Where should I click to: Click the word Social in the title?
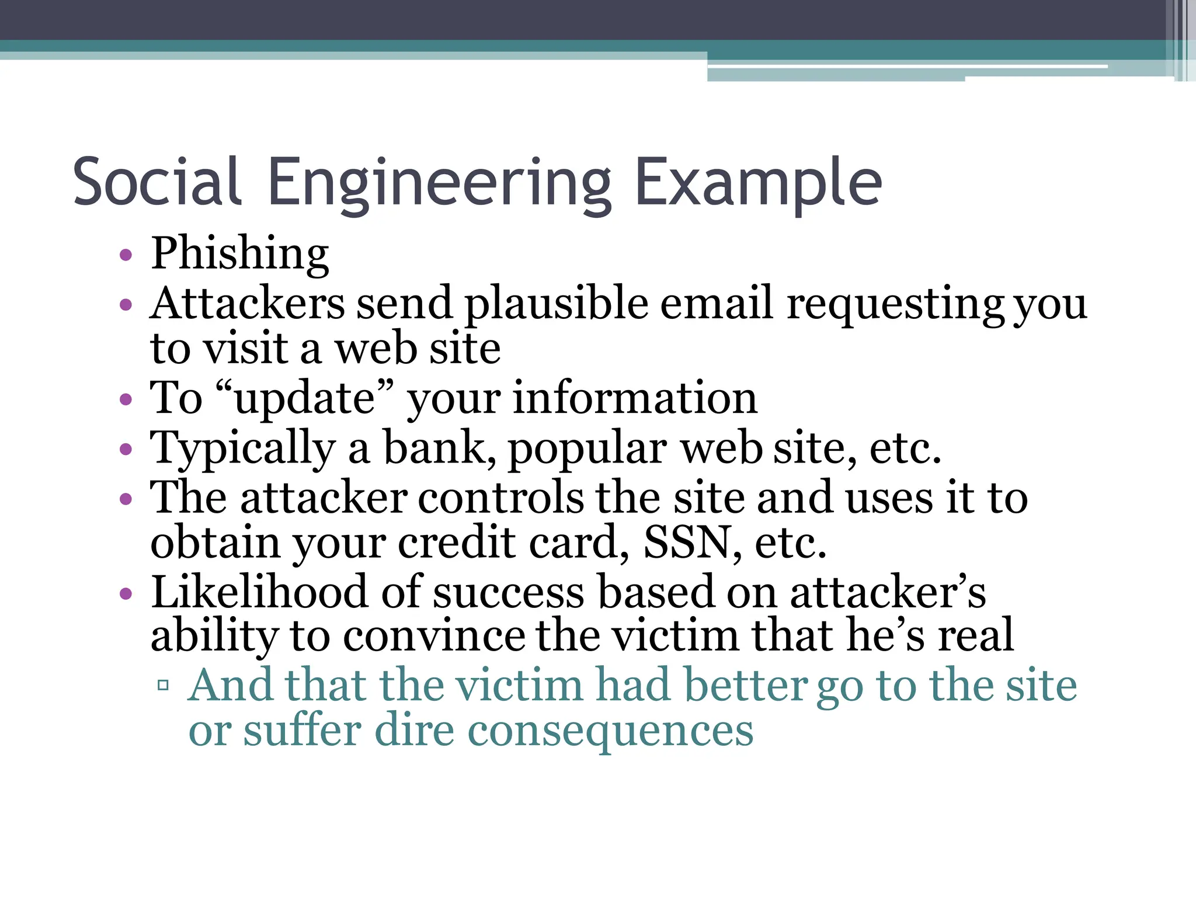(x=157, y=182)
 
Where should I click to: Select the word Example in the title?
(x=758, y=183)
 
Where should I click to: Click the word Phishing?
(x=240, y=254)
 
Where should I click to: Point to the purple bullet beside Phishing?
(x=126, y=255)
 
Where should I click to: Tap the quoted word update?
(x=304, y=399)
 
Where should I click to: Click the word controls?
(x=500, y=498)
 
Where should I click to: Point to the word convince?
(x=434, y=636)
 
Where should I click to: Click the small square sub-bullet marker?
(x=163, y=685)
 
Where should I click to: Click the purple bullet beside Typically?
(x=126, y=450)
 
